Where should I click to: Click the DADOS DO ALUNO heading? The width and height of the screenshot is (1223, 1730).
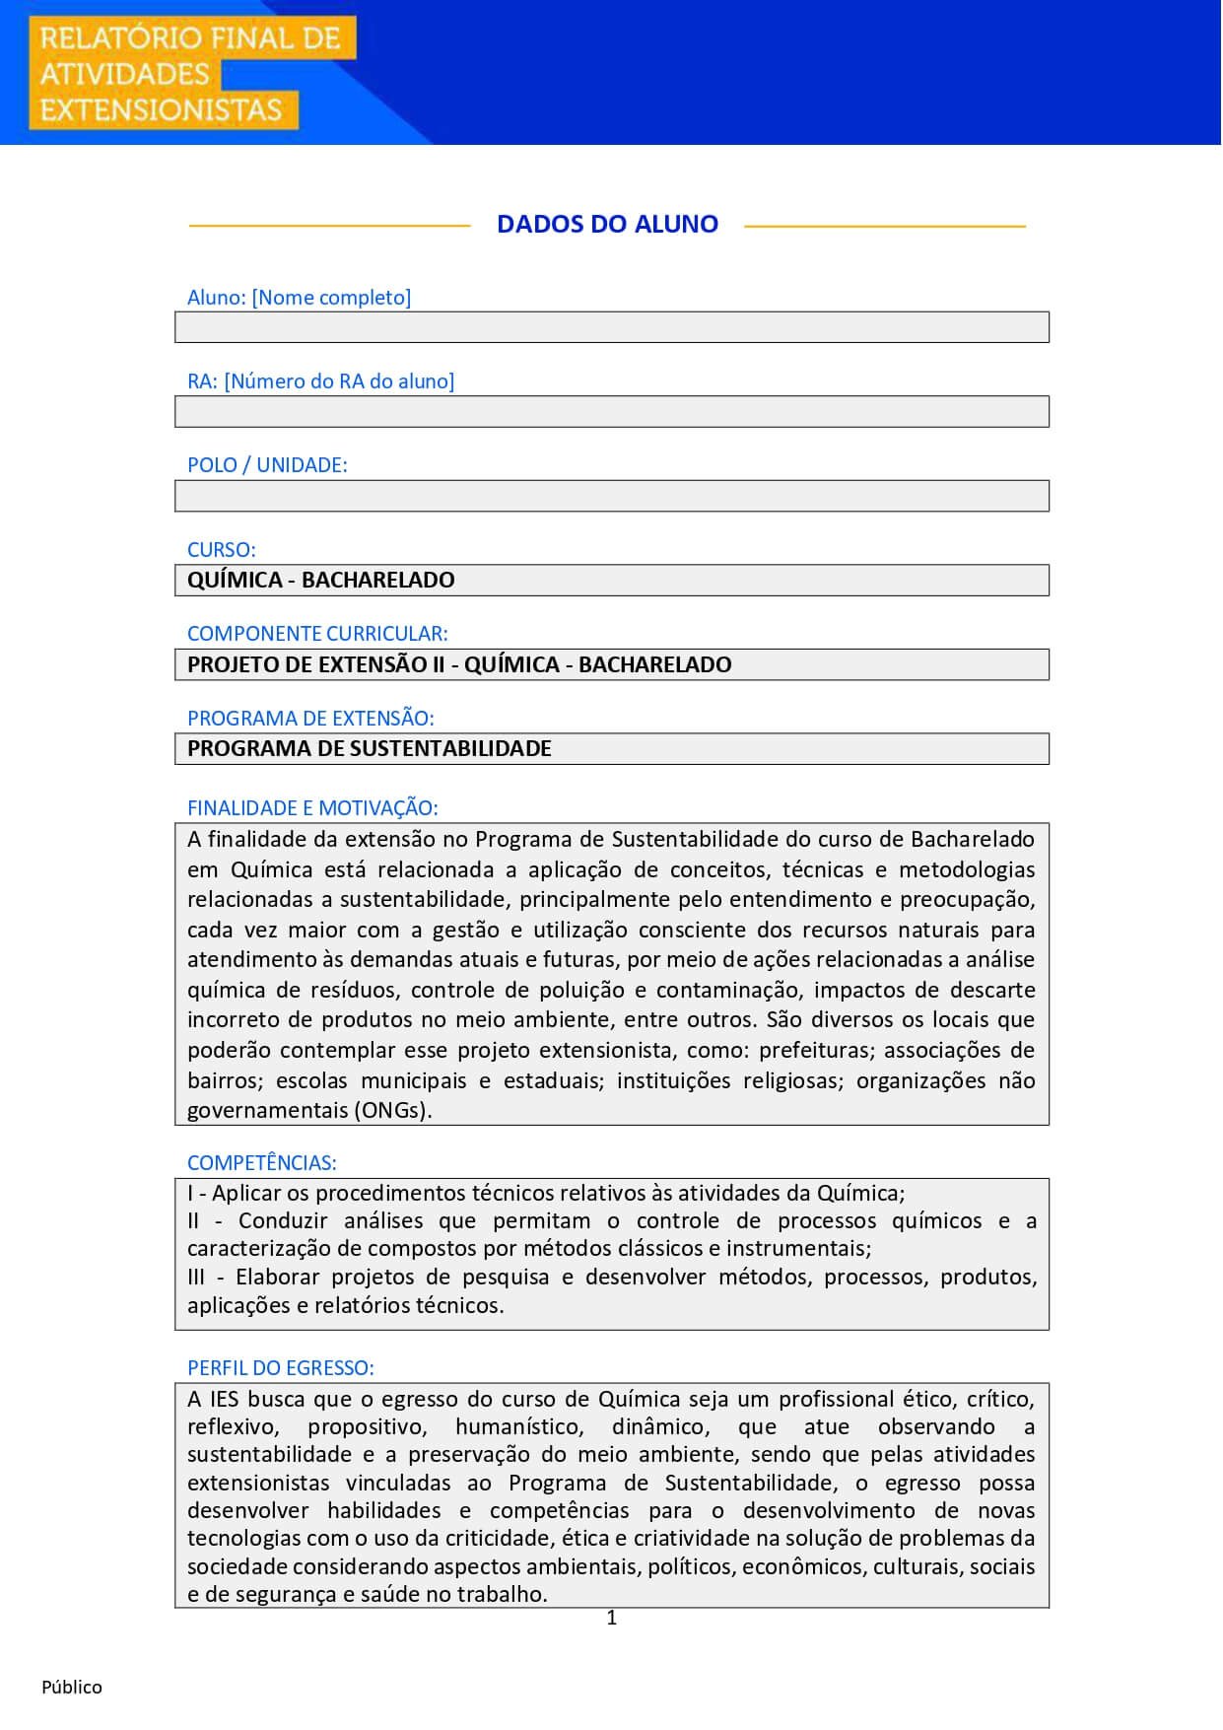tap(607, 225)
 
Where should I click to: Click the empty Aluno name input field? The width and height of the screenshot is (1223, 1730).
tap(611, 327)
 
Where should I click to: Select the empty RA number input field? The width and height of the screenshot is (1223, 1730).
tap(611, 411)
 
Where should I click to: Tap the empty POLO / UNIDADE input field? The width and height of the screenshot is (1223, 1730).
tap(611, 496)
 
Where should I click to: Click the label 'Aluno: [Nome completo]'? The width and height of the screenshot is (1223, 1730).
tap(299, 298)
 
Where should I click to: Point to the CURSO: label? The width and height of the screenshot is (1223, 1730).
tap(221, 550)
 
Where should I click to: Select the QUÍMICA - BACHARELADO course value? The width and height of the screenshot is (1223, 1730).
tap(321, 580)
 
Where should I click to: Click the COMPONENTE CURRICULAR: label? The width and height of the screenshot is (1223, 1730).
tap(317, 634)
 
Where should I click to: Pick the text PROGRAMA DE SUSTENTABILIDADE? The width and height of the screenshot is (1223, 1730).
tap(370, 748)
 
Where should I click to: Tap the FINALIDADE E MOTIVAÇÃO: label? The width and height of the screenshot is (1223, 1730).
tap(312, 808)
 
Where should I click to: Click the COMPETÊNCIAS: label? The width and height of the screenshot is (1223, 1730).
tap(261, 1163)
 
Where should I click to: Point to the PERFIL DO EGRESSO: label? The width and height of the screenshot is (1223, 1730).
tap(280, 1368)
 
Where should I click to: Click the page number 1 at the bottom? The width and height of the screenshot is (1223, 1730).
tap(611, 1618)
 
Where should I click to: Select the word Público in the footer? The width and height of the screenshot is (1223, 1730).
tap(72, 1688)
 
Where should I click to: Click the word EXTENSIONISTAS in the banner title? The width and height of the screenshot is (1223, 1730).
tap(161, 109)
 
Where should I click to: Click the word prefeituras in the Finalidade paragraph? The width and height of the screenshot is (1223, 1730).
tap(814, 1050)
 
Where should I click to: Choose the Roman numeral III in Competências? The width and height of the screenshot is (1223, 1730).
tap(196, 1278)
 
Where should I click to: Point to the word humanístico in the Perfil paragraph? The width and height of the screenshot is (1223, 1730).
tap(519, 1427)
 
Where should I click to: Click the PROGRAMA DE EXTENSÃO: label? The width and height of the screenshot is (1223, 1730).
tap(310, 719)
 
